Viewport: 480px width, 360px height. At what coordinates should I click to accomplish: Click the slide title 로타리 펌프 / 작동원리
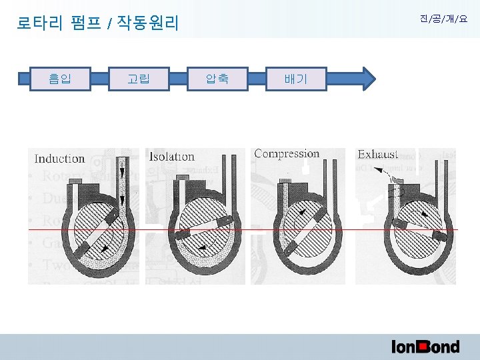click(x=97, y=25)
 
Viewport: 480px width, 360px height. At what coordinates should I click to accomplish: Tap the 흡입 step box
click(x=60, y=79)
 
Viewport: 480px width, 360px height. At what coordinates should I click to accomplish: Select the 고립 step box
click(x=139, y=79)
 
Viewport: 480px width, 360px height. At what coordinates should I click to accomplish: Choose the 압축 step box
click(x=217, y=79)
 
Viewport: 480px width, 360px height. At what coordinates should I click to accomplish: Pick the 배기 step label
click(x=295, y=79)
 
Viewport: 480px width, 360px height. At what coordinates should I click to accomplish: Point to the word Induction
click(x=59, y=159)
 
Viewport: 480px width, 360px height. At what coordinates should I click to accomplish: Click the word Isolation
click(x=172, y=157)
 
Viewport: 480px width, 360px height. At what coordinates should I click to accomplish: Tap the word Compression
click(x=287, y=153)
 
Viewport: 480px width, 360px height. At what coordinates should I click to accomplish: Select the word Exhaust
click(x=377, y=155)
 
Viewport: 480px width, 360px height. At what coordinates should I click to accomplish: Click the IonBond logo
click(x=425, y=346)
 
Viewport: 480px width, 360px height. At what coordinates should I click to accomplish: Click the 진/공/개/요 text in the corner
click(x=443, y=19)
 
